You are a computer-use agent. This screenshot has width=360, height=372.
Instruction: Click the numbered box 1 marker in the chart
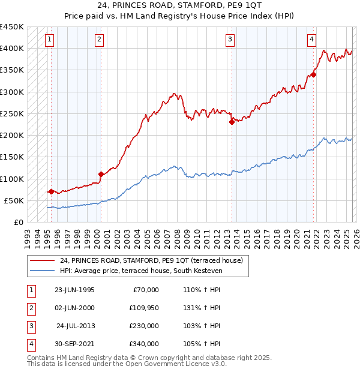[49, 40]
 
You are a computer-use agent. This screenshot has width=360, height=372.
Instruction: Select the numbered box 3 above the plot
[230, 40]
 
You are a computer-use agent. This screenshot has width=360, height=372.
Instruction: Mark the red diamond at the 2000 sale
[101, 175]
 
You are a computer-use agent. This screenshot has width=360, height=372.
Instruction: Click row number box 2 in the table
[31, 308]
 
